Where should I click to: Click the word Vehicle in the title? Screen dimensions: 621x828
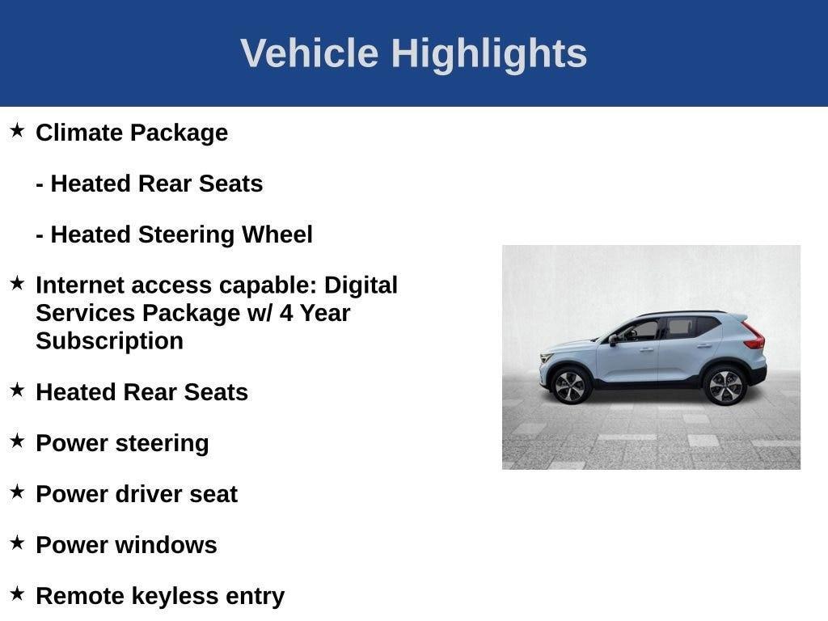click(309, 53)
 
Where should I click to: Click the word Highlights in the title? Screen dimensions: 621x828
click(489, 53)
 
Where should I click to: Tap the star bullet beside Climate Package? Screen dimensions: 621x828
click(17, 130)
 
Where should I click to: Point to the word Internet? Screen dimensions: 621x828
click(79, 285)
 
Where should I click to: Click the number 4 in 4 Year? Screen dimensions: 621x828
click(286, 313)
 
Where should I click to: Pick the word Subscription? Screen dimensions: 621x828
click(109, 340)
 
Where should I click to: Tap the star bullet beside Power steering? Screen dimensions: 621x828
click(17, 441)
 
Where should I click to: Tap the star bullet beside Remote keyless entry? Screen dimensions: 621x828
click(17, 594)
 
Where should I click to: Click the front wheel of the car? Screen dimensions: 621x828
click(570, 386)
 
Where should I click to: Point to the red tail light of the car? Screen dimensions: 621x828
click(754, 336)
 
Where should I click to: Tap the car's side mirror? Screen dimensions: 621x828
click(614, 340)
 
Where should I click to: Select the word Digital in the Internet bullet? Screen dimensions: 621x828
click(361, 285)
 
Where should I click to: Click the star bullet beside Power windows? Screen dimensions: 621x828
click(17, 543)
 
